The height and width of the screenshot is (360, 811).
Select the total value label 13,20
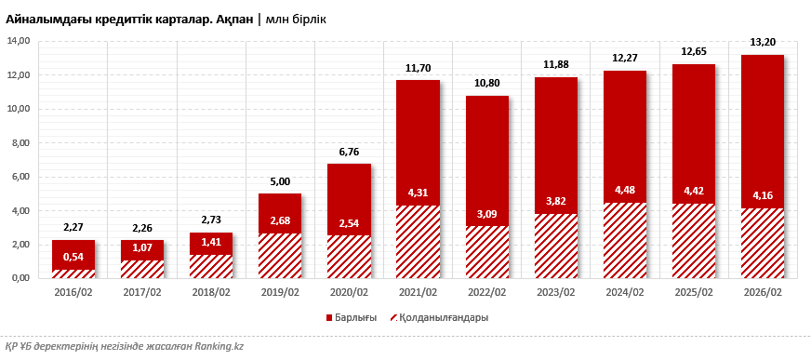tap(763, 43)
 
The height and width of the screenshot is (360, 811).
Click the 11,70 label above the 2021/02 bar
tap(418, 68)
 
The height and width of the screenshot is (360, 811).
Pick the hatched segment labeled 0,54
tap(73, 273)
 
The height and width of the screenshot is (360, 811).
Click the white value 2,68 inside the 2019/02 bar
tap(280, 220)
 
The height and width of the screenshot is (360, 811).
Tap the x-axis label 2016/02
tap(73, 292)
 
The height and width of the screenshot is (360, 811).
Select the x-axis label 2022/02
tap(486, 292)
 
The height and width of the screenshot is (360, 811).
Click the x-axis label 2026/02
tap(763, 292)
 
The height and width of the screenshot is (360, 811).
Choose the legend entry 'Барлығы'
tap(351, 317)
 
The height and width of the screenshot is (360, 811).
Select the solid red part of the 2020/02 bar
tap(349, 191)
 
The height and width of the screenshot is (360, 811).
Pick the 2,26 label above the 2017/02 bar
tap(142, 228)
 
